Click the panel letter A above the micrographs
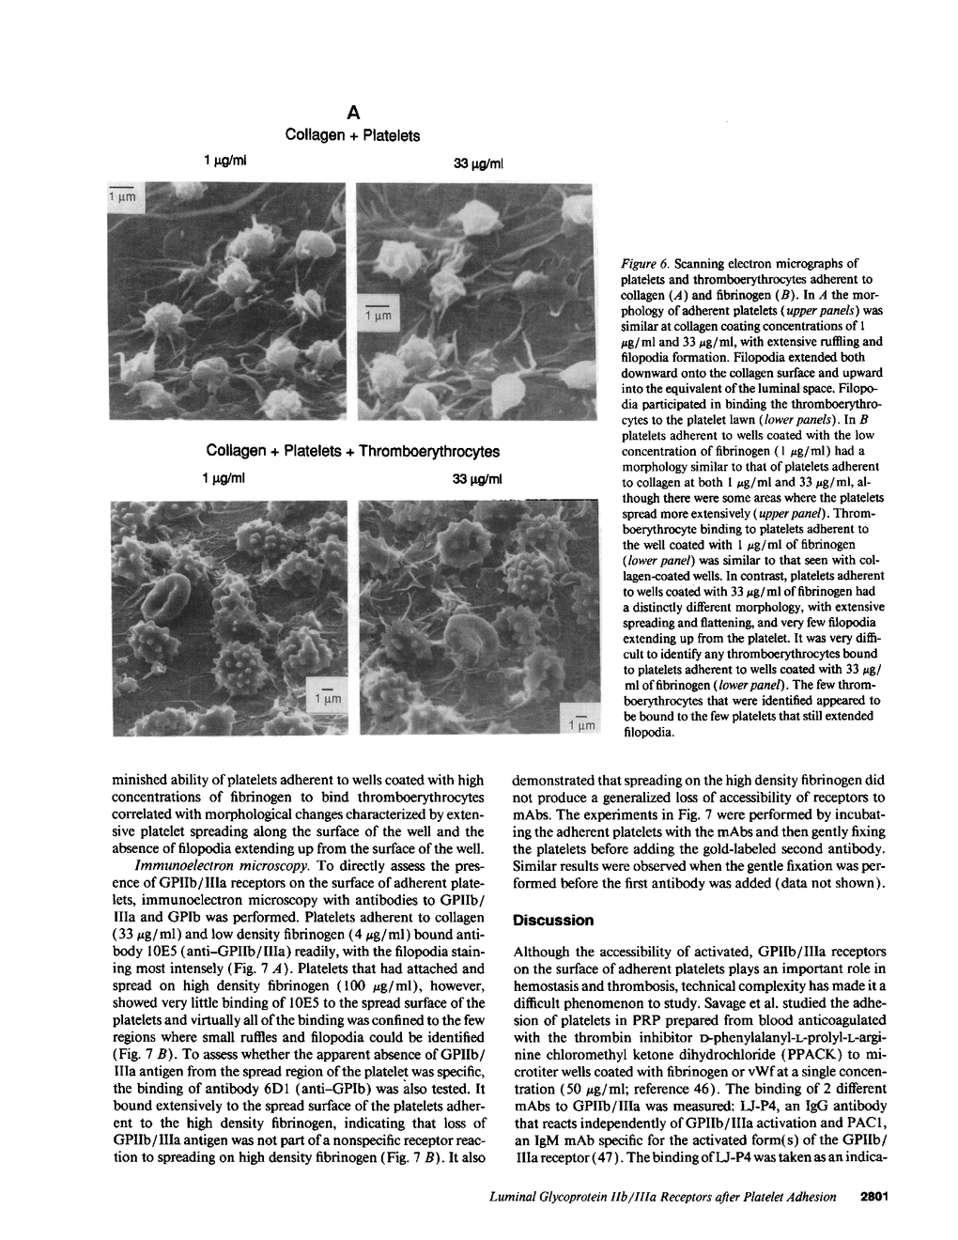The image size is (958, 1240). [x=352, y=113]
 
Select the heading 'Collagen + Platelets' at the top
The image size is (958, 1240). [x=352, y=135]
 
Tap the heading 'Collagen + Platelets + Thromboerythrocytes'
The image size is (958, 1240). [x=352, y=451]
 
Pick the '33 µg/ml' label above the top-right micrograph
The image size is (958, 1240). [x=479, y=163]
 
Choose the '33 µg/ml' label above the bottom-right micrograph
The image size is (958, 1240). [x=479, y=479]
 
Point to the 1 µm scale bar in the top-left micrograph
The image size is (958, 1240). [x=123, y=195]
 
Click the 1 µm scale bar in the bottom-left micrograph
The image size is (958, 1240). [x=330, y=697]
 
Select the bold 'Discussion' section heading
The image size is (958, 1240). [x=553, y=921]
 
